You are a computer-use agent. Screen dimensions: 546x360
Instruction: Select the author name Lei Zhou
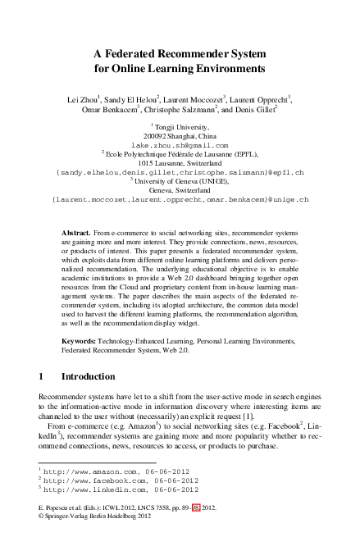84,100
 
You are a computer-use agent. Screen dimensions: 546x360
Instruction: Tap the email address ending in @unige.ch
180,199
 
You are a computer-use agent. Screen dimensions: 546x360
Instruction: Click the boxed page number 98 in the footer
196,508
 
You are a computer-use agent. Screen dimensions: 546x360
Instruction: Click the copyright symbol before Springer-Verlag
42,518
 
